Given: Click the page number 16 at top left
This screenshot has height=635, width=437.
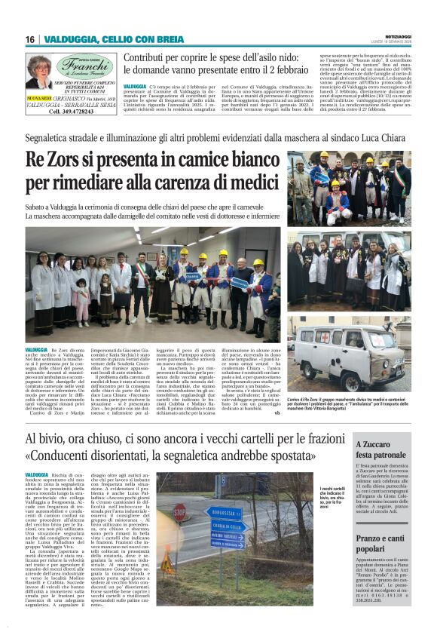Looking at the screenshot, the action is pos(30,39).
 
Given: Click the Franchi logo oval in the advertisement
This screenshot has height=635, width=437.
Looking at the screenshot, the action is pos(83,66).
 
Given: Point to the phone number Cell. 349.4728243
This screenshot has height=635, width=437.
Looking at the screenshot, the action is pos(72,112).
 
